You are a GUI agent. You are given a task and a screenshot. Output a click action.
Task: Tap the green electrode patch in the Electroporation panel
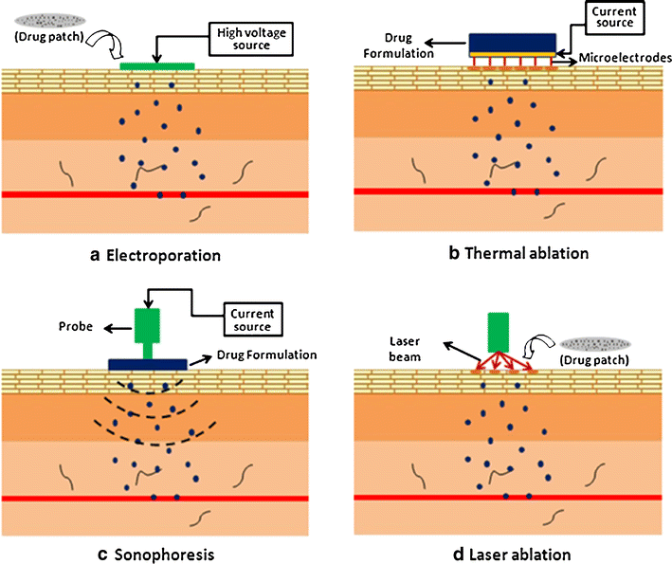click(158, 65)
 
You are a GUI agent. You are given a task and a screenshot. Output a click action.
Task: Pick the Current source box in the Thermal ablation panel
click(602, 19)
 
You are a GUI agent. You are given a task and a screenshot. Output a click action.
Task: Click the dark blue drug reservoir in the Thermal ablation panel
click(512, 43)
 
